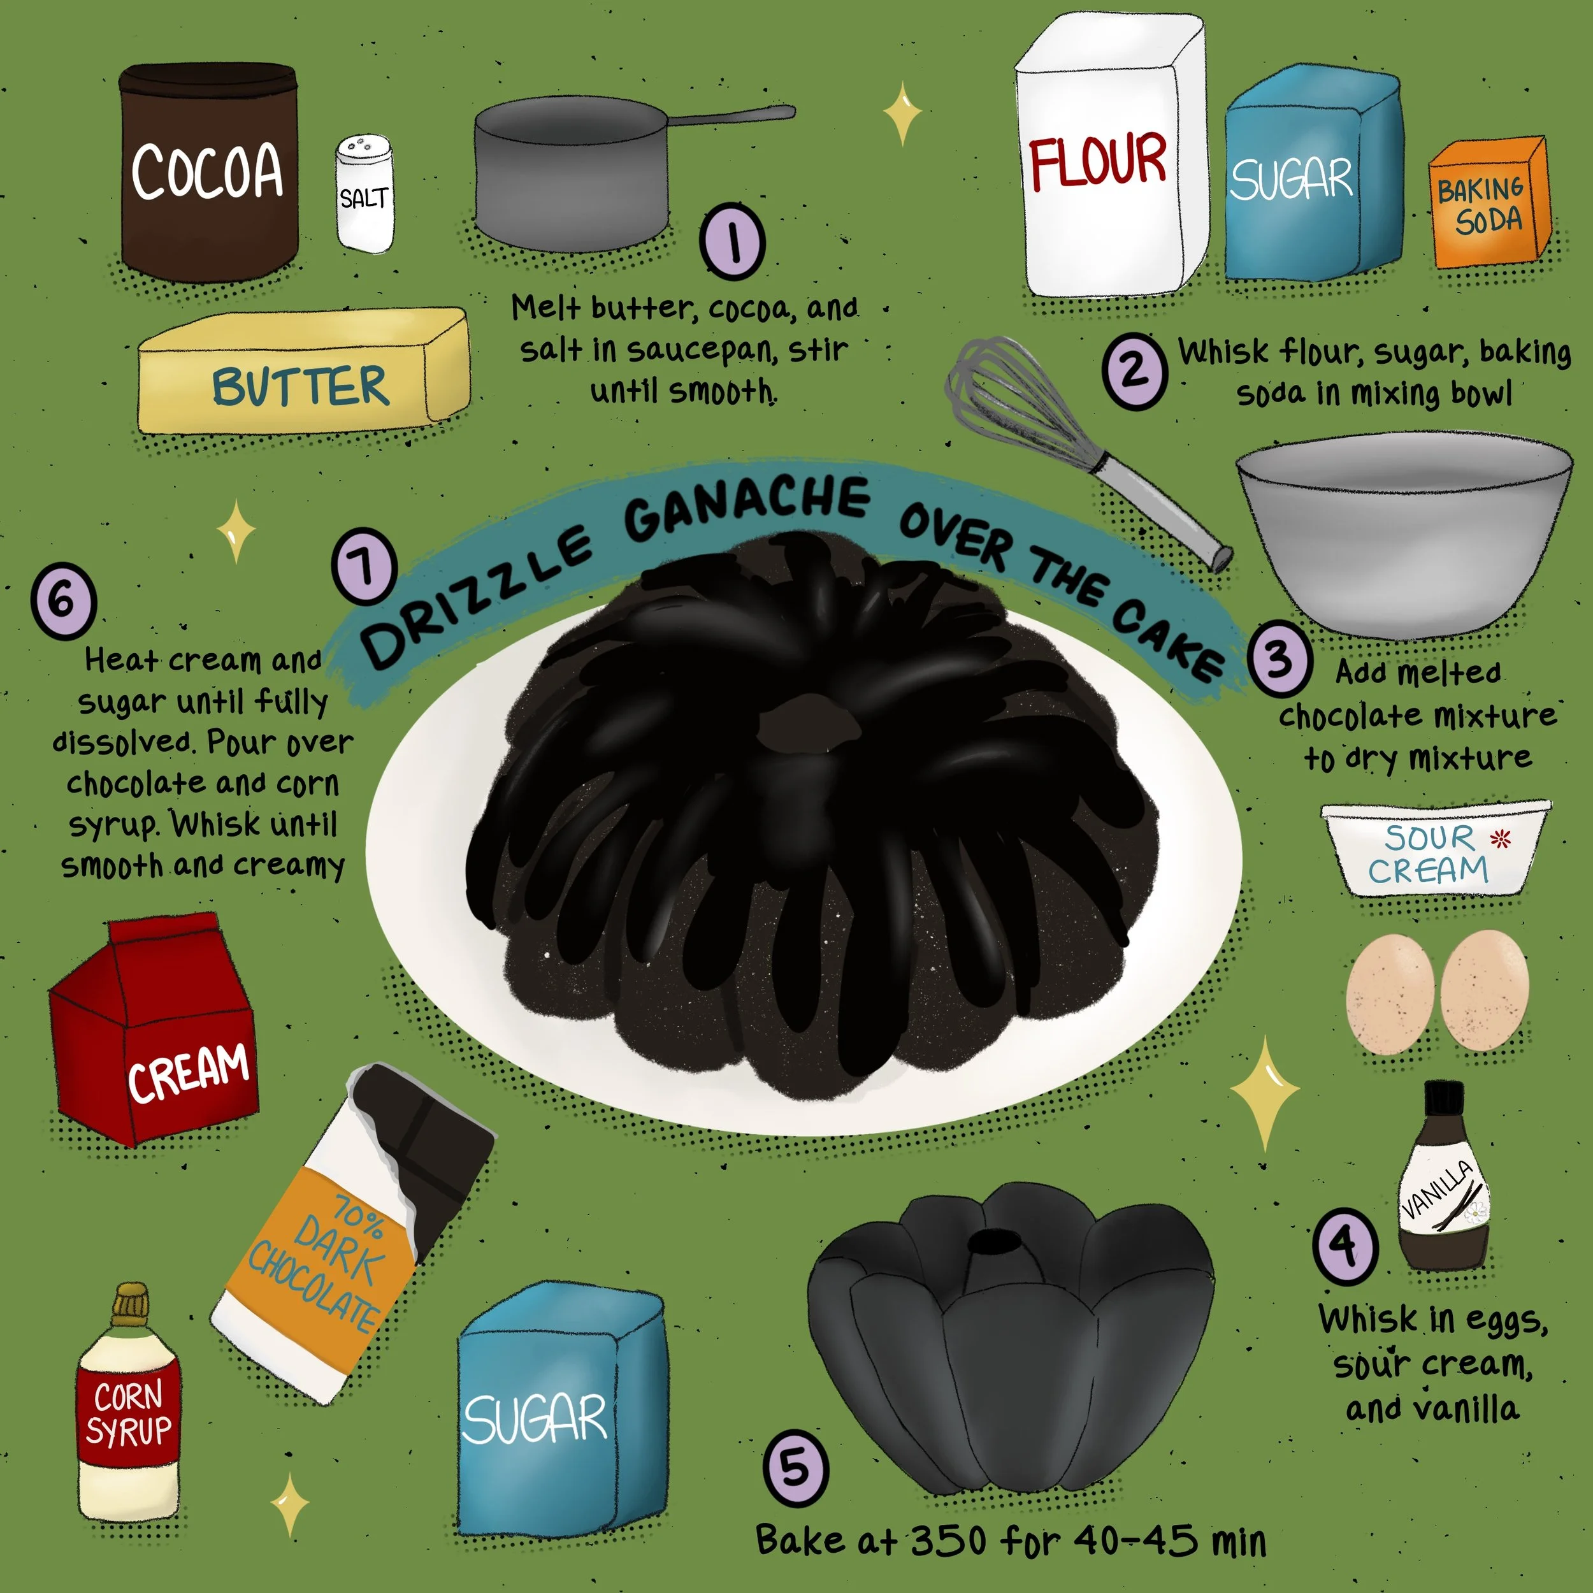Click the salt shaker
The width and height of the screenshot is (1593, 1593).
[x=364, y=194]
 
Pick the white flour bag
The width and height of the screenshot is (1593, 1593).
[x=1111, y=157]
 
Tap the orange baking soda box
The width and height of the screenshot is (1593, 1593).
[x=1489, y=203]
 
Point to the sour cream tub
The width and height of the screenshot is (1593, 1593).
[x=1436, y=849]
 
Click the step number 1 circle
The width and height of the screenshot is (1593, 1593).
[x=732, y=241]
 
